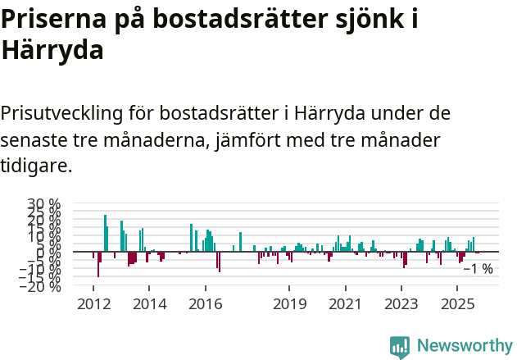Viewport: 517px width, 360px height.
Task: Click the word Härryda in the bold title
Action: click(x=52, y=51)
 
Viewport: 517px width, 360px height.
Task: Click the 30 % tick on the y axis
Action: click(x=44, y=203)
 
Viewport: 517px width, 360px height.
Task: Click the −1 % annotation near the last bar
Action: click(x=478, y=269)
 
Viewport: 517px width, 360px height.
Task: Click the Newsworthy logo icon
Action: click(x=400, y=347)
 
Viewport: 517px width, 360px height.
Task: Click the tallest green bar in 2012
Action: click(x=105, y=233)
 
